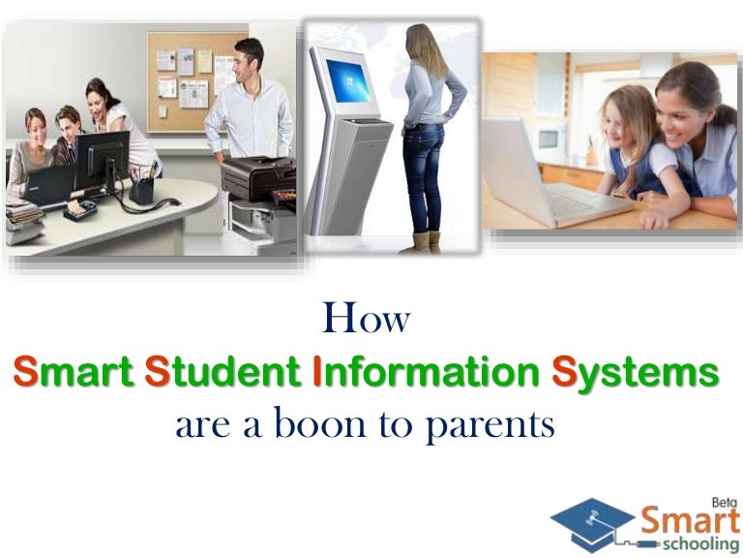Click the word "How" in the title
pyautogui.click(x=366, y=319)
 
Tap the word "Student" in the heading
pyautogui.click(x=223, y=373)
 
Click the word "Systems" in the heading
pyautogui.click(x=636, y=373)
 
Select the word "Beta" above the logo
pyautogui.click(x=724, y=502)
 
